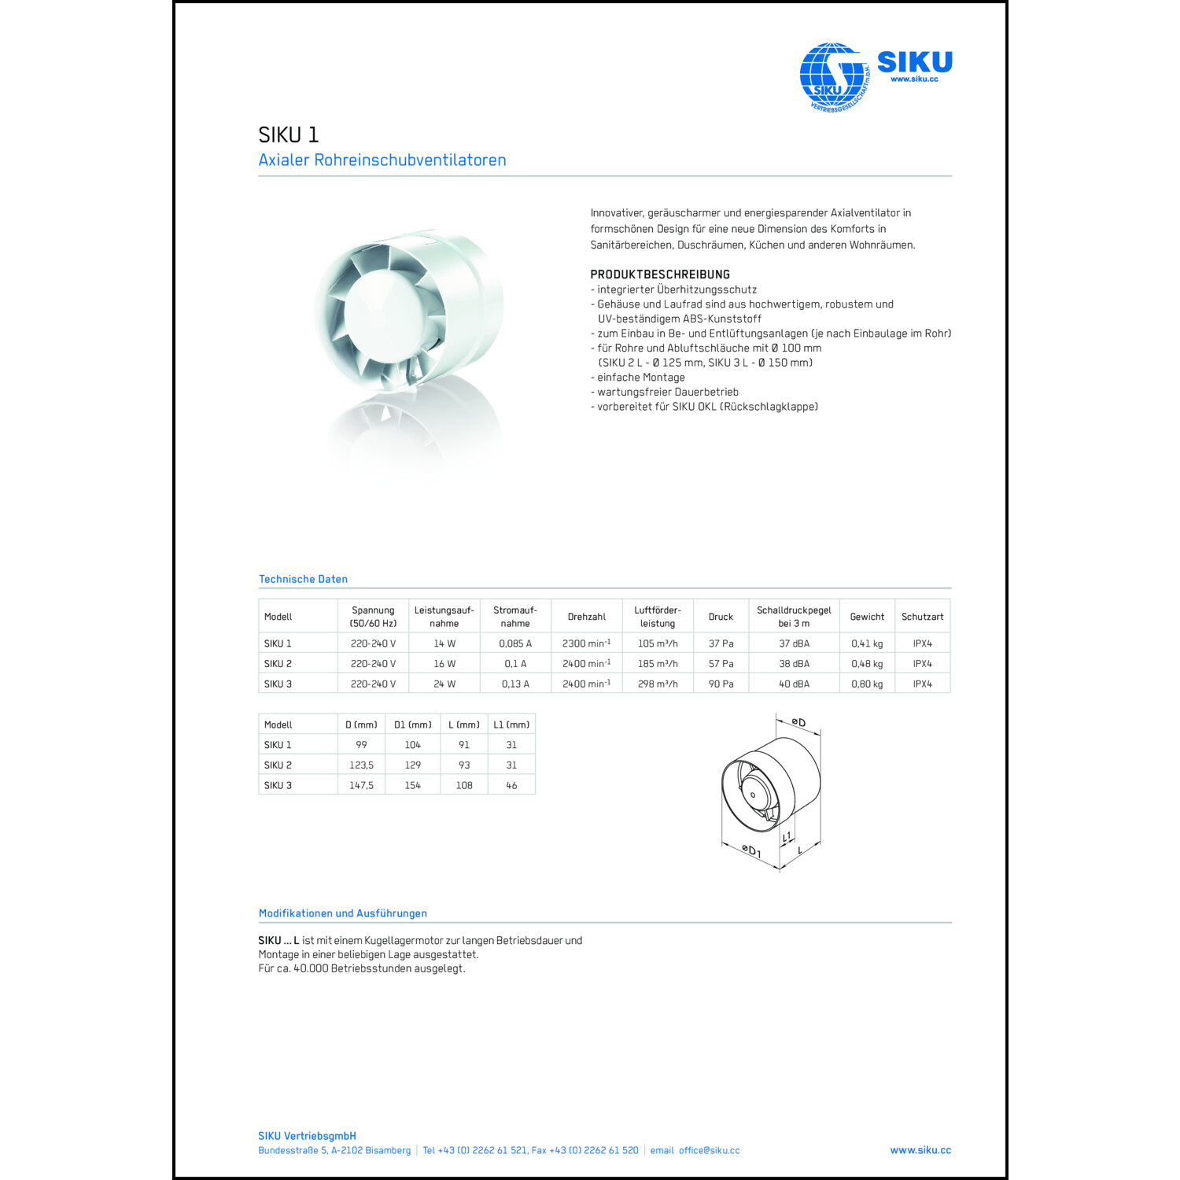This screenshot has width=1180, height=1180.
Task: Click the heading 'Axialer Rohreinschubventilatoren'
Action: click(x=382, y=160)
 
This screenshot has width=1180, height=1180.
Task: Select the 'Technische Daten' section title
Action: click(x=303, y=579)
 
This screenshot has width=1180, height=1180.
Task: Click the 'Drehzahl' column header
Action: click(x=587, y=617)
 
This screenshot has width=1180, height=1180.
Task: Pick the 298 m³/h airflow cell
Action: click(x=658, y=684)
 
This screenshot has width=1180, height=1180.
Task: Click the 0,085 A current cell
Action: click(x=515, y=643)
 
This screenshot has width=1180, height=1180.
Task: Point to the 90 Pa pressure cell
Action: click(x=721, y=684)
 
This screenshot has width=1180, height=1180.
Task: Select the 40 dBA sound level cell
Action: click(x=794, y=684)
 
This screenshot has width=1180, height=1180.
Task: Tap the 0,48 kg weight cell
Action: click(x=867, y=664)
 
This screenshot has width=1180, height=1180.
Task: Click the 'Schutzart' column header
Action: click(x=922, y=617)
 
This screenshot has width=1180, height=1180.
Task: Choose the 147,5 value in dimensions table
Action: click(x=361, y=785)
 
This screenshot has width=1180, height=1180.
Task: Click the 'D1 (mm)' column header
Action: click(x=413, y=725)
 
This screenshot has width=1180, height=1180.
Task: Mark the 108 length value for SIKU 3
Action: click(x=464, y=785)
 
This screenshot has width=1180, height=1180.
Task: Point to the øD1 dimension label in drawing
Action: click(x=751, y=850)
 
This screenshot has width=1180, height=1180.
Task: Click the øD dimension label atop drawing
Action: click(x=798, y=722)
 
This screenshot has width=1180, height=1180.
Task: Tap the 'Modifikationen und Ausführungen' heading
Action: click(x=343, y=913)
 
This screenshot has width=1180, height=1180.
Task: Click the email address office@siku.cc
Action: click(x=709, y=1150)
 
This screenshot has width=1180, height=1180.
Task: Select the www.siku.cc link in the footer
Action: click(x=920, y=1150)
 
